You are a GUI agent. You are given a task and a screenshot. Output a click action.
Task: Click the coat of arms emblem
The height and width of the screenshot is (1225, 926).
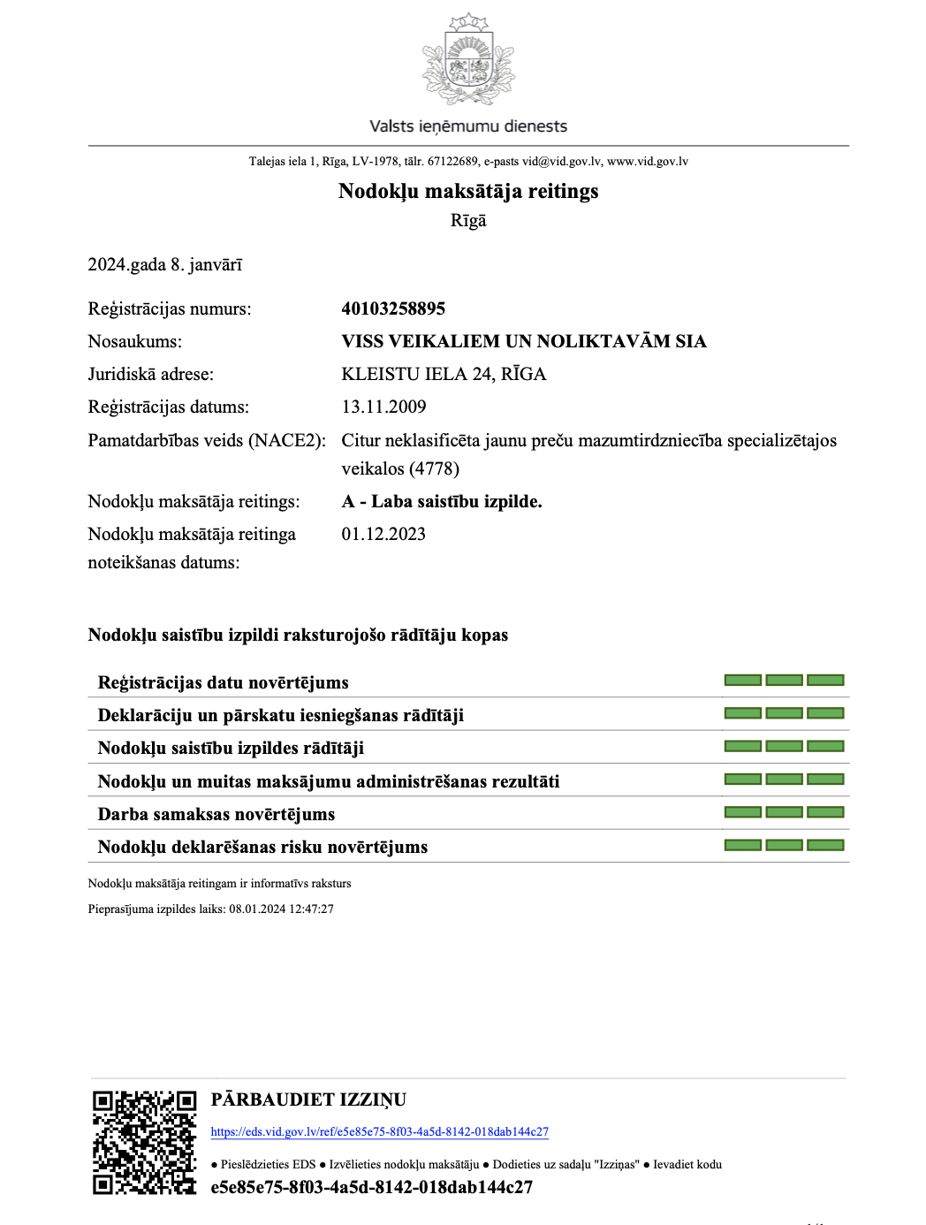click(x=467, y=60)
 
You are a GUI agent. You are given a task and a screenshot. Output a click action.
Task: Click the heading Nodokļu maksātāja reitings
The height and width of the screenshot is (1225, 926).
click(x=467, y=191)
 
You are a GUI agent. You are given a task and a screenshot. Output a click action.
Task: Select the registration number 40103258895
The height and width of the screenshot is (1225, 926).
click(x=393, y=308)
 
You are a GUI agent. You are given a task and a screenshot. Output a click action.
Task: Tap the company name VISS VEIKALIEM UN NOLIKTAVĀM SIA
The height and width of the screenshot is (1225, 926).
click(x=523, y=341)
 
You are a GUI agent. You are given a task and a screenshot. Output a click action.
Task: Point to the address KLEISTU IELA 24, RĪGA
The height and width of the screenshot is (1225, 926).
click(x=444, y=374)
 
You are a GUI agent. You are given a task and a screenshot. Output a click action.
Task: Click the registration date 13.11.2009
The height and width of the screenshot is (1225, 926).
click(x=383, y=407)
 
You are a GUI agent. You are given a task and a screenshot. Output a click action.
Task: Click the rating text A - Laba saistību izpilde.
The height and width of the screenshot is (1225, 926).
click(x=442, y=501)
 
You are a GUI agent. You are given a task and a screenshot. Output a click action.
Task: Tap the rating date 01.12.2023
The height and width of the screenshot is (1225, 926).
click(x=383, y=534)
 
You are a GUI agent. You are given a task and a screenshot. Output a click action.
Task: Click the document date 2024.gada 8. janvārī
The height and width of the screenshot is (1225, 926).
click(x=164, y=264)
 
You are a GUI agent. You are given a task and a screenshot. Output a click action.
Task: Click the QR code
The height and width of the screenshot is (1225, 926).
click(x=144, y=1142)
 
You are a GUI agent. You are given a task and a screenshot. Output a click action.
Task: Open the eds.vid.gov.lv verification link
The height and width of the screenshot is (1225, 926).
click(x=379, y=1132)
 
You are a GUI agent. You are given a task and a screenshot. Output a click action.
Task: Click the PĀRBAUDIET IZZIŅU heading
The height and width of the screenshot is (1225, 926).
click(x=308, y=1099)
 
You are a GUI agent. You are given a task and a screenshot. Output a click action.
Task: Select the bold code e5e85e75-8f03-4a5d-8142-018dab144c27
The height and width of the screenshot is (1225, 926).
click(x=371, y=1187)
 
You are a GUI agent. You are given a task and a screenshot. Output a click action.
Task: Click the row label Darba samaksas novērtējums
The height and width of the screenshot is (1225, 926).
click(x=216, y=814)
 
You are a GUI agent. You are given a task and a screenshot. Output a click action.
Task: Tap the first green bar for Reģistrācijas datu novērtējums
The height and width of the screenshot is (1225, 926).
click(x=742, y=681)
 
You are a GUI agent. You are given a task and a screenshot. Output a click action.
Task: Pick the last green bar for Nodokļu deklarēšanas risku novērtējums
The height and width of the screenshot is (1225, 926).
click(x=825, y=846)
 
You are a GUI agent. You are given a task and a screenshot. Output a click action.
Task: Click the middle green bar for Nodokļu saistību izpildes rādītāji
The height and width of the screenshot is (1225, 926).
click(x=784, y=747)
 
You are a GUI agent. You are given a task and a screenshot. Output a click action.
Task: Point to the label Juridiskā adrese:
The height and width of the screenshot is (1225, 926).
click(x=150, y=374)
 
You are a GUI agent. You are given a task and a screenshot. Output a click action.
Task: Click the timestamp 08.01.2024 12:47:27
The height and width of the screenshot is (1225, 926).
click(x=281, y=909)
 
